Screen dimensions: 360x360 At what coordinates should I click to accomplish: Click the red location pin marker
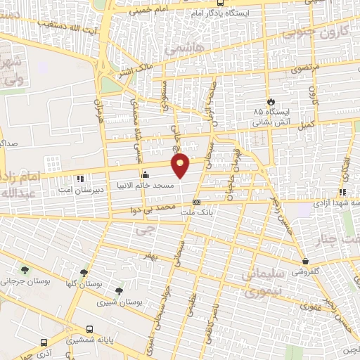point(181,165)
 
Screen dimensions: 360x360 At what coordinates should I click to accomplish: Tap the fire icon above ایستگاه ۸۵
point(271,101)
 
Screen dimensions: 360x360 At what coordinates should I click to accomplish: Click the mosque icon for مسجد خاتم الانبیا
point(146,174)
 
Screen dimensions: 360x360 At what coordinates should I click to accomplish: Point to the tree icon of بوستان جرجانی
point(26,271)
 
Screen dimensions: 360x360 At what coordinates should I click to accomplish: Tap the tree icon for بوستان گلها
point(84,273)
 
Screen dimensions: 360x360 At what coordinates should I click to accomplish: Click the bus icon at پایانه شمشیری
point(89,329)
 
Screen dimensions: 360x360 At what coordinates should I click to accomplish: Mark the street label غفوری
point(310,306)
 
